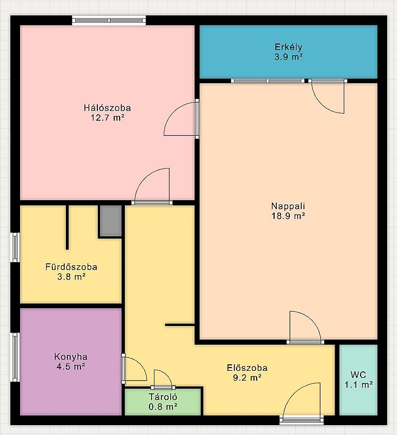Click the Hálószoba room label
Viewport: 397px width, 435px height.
pyautogui.click(x=107, y=108)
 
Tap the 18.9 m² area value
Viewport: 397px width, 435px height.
pyautogui.click(x=288, y=216)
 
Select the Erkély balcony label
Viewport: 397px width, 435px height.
pyautogui.click(x=288, y=47)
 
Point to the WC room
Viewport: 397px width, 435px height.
pyautogui.click(x=358, y=380)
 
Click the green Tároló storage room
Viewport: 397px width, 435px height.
pyautogui.click(x=163, y=402)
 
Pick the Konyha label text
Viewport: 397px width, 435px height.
pyautogui.click(x=71, y=357)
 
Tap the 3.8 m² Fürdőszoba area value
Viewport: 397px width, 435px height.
pyautogui.click(x=71, y=277)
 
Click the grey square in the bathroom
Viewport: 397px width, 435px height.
pyautogui.click(x=111, y=221)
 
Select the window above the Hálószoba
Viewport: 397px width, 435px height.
pyautogui.click(x=109, y=21)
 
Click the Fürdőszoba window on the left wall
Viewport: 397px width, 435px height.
pyautogui.click(x=15, y=247)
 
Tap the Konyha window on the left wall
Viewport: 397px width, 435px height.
pyautogui.click(x=15, y=357)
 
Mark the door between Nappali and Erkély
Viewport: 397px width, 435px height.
pyautogui.click(x=328, y=96)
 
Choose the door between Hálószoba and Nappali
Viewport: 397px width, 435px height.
pyautogui.click(x=182, y=119)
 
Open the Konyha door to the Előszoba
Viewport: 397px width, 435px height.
pyautogui.click(x=134, y=369)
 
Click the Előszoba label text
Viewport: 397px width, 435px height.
pyautogui.click(x=247, y=368)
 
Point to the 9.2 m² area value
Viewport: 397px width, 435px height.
pyautogui.click(x=247, y=378)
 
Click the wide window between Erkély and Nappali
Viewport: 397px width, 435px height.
pyautogui.click(x=268, y=81)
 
